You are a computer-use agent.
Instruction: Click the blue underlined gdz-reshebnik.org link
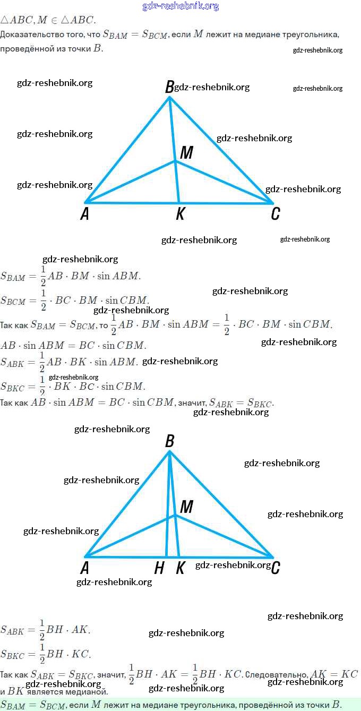(x=180, y=6)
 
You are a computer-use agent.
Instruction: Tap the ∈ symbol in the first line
(x=54, y=20)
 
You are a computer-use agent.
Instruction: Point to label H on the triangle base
(x=159, y=569)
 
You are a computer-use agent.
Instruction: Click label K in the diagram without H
(x=180, y=214)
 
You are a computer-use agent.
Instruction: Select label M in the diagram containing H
(x=186, y=507)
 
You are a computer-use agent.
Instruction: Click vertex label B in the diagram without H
(x=169, y=87)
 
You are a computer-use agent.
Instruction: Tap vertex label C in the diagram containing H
(x=275, y=569)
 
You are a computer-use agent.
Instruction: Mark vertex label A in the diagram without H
(x=84, y=214)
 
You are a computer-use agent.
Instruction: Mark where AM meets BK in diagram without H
(x=176, y=161)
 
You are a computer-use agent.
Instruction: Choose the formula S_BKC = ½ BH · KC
(x=46, y=654)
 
